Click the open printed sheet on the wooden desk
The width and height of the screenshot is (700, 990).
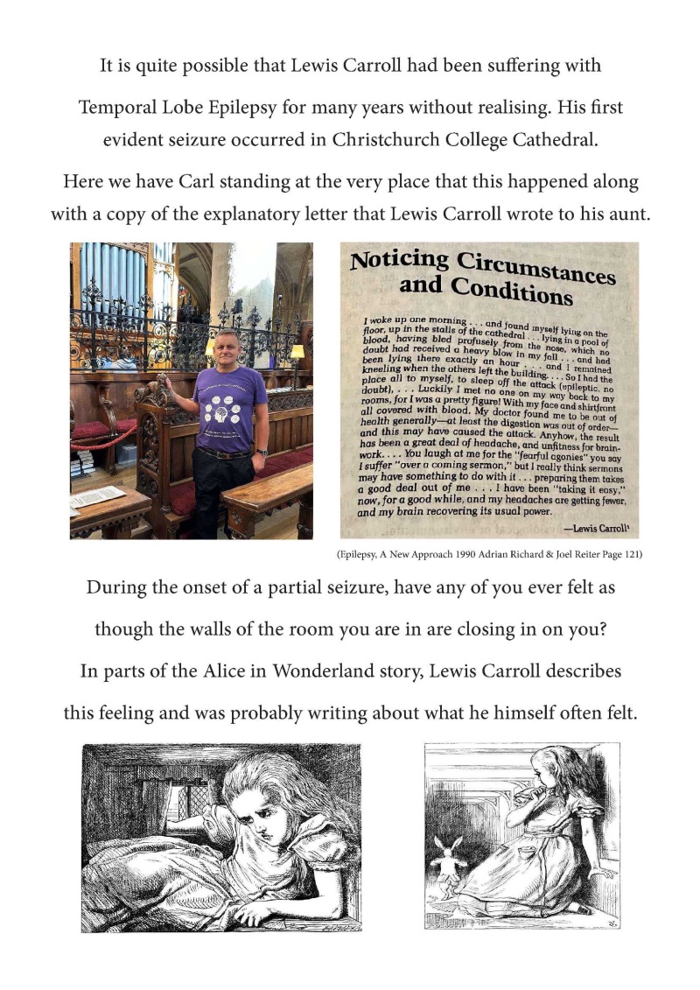click(97, 498)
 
